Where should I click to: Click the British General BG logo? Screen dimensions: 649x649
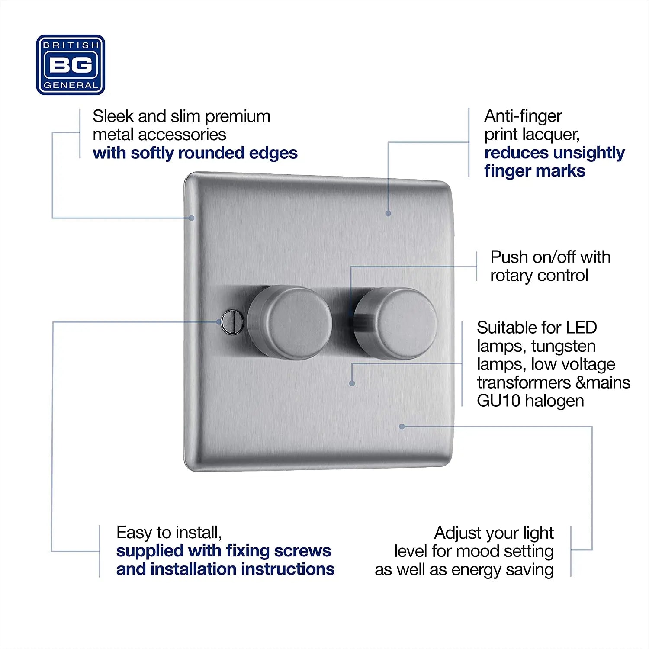coord(71,65)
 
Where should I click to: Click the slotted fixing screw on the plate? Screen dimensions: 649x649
coord(232,322)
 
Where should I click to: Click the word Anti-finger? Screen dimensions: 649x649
coord(523,116)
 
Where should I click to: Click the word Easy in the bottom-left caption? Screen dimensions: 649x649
coord(134,533)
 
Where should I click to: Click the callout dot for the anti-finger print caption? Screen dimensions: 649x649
coord(388,213)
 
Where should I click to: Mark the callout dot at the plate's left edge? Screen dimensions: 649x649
coord(191,218)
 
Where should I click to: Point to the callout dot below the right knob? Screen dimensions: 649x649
coord(352,383)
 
